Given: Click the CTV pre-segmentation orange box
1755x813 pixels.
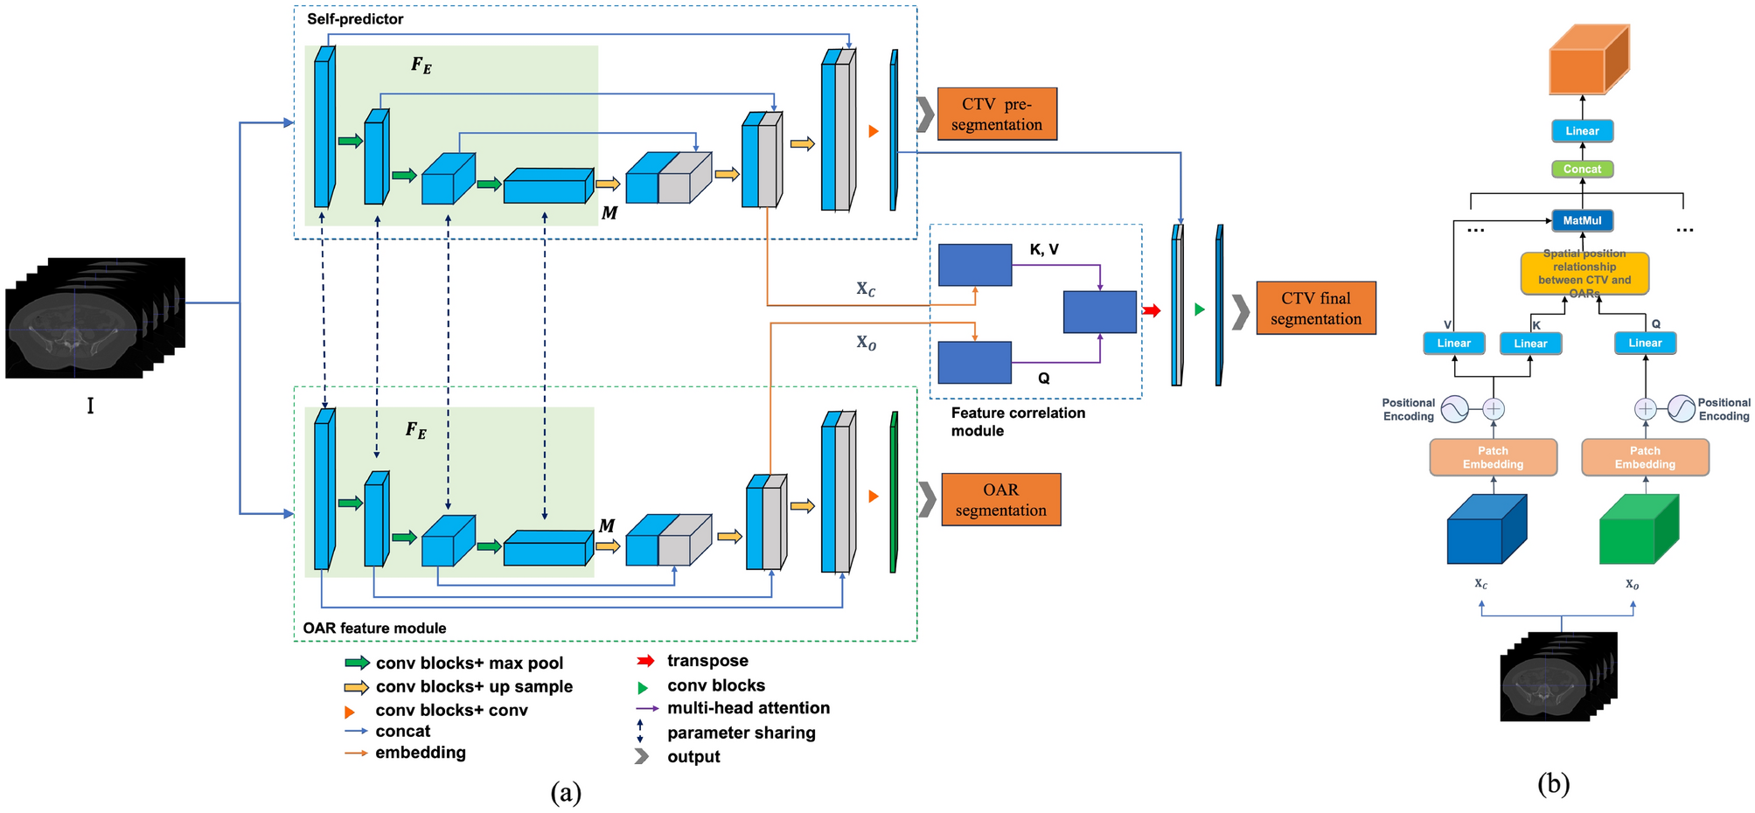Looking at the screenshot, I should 997,114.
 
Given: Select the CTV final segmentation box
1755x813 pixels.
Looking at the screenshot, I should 1315,308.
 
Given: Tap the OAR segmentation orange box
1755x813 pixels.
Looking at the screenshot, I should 1000,499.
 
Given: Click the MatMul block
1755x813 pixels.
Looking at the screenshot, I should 1582,220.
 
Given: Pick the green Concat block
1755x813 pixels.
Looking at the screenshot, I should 1582,169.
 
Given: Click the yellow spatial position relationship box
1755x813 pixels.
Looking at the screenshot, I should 1584,274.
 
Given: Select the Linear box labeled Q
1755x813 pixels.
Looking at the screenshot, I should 1645,343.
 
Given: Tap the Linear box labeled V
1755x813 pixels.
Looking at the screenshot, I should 1453,343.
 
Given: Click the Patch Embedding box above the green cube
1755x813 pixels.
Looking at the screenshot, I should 1645,457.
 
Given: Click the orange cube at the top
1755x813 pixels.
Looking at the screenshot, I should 1587,59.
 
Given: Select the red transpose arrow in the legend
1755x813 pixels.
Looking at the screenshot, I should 646,661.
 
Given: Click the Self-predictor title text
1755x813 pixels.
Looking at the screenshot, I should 355,18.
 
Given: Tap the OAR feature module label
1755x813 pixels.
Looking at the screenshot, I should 374,628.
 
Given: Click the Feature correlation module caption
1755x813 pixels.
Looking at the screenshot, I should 1017,421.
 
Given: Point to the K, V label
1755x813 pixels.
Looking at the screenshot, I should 1043,250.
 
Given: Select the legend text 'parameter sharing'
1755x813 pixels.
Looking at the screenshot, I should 741,733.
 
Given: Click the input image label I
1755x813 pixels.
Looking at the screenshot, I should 90,406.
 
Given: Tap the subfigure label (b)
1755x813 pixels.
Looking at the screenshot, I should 1553,784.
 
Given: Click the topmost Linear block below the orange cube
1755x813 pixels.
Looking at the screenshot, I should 1582,131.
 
